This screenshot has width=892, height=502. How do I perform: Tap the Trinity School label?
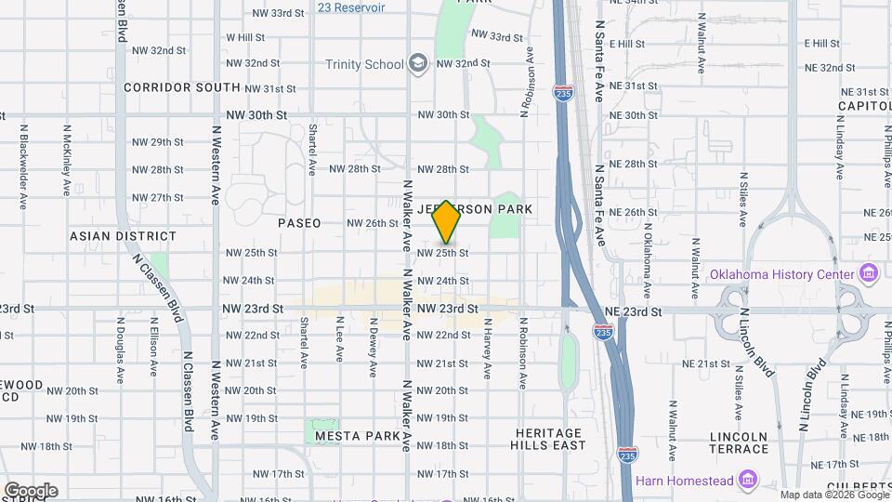point(364,64)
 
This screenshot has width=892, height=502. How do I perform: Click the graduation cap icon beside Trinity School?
point(418,63)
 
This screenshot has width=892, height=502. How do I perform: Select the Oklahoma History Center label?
point(781,275)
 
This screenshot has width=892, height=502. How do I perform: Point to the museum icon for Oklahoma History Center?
point(869,274)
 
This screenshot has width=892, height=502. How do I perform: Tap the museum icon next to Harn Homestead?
point(749,481)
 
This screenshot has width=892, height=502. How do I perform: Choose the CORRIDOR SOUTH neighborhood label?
point(181,87)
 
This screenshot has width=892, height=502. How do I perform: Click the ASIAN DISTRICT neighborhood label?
point(123,237)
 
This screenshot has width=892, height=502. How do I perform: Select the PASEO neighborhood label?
point(299,223)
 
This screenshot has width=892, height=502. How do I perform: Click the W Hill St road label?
point(245,37)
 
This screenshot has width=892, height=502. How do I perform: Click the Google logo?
point(31,491)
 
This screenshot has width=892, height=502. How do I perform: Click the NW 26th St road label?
point(373,223)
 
